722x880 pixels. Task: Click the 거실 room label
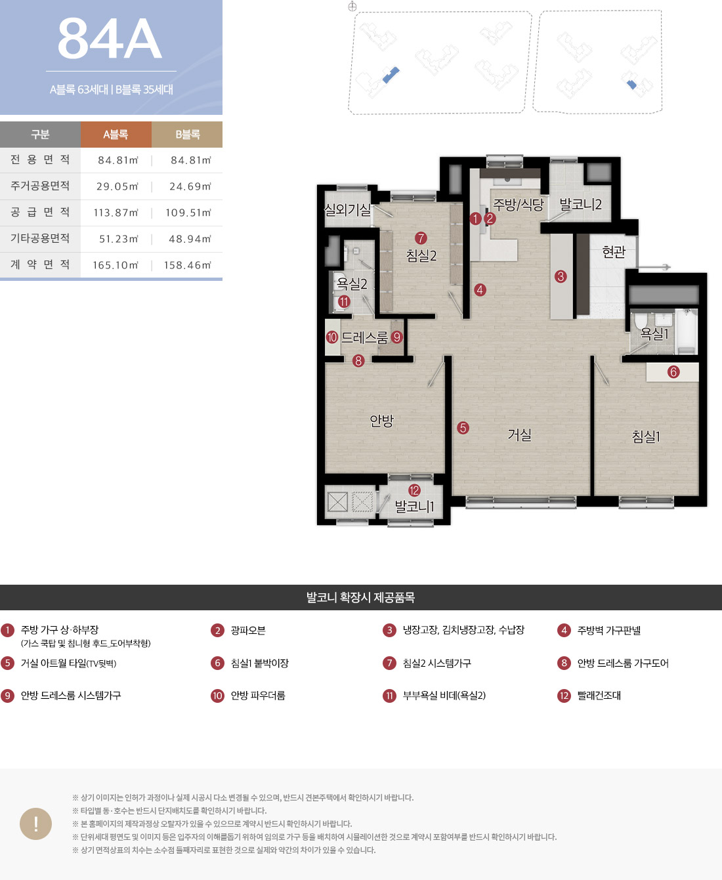click(x=519, y=435)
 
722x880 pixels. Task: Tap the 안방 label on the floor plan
click(x=381, y=421)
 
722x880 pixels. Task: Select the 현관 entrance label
click(x=614, y=251)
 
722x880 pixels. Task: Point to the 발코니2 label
click(x=580, y=204)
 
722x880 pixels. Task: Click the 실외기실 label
click(x=348, y=209)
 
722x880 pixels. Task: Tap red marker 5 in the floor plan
click(x=463, y=428)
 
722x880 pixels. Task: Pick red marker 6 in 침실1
click(x=673, y=372)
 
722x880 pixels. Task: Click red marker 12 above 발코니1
click(x=414, y=490)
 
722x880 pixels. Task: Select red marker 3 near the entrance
click(x=561, y=276)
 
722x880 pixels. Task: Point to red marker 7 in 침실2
click(x=421, y=238)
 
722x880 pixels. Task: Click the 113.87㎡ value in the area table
click(x=116, y=213)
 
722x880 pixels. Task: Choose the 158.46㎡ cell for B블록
click(x=187, y=265)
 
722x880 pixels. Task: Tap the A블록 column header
click(x=116, y=135)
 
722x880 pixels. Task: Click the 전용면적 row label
click(x=40, y=160)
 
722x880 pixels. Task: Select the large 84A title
click(x=110, y=38)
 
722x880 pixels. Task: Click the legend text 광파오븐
click(x=248, y=630)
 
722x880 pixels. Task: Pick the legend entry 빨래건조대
click(x=599, y=696)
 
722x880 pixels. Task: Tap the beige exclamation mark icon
click(x=36, y=824)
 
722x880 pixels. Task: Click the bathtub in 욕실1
click(x=685, y=331)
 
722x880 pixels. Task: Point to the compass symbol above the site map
click(x=352, y=7)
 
